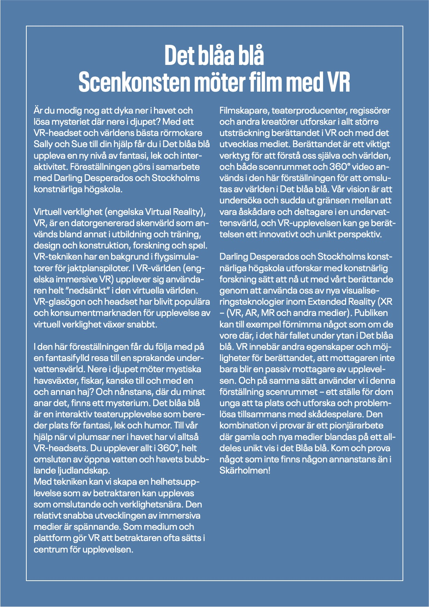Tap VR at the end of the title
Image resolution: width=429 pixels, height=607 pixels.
[338, 82]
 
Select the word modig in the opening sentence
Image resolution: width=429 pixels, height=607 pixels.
[68, 111]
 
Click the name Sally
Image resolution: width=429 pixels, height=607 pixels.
[43, 144]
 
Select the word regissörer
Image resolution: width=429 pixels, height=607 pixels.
[370, 111]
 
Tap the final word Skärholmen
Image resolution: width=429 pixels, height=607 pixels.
[244, 471]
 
